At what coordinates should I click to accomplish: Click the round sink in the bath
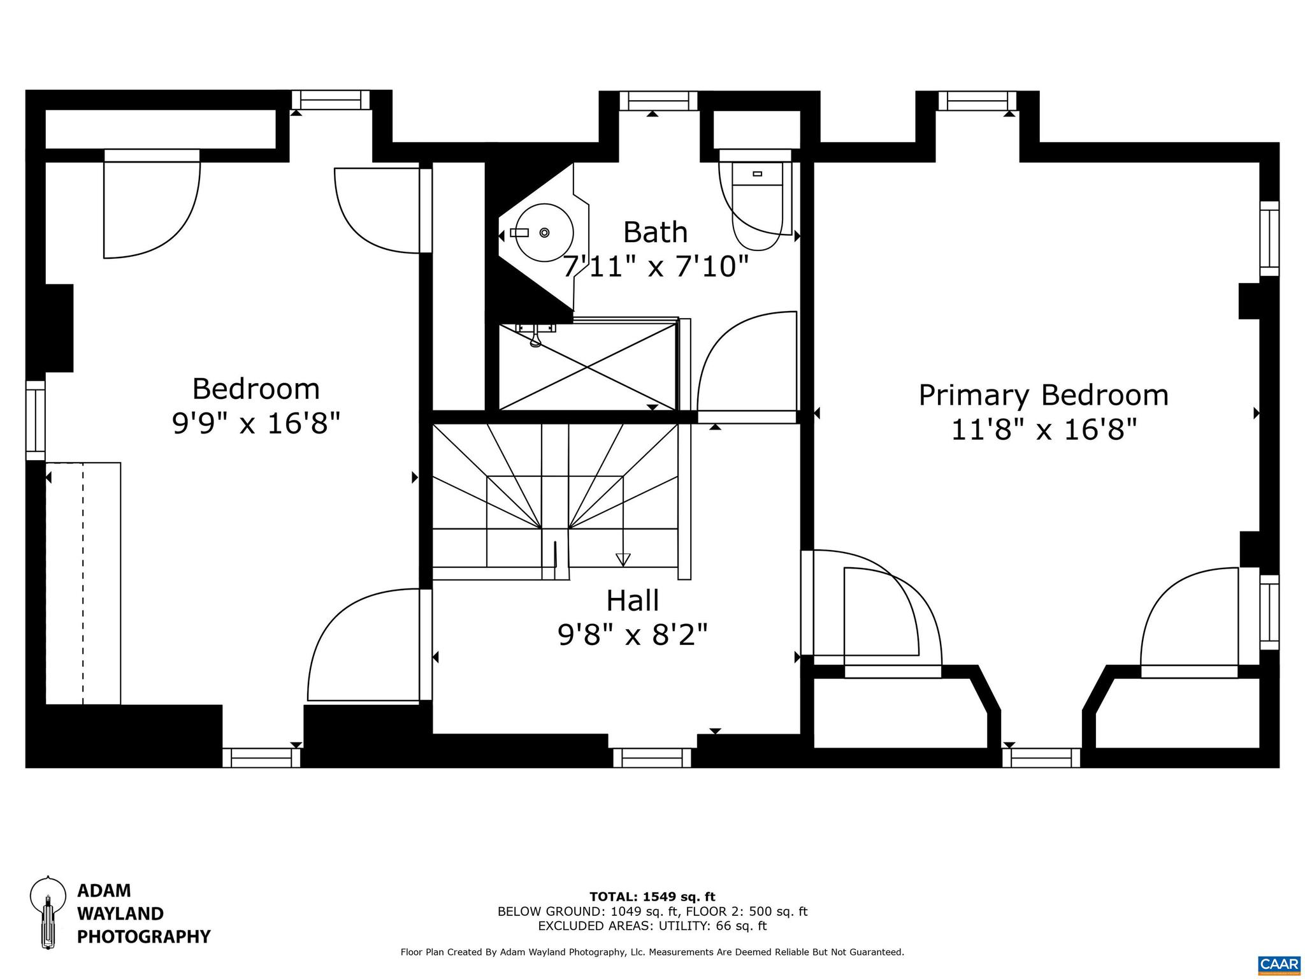point(543,233)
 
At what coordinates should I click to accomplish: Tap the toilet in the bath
point(757,204)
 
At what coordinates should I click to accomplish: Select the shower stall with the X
point(586,366)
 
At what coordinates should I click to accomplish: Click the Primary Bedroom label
point(1043,395)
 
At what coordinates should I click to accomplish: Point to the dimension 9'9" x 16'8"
point(256,423)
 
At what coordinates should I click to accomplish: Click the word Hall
point(632,600)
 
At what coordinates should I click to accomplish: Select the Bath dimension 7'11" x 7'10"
point(655,266)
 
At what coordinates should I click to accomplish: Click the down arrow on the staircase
point(623,558)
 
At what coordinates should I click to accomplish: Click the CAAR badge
point(1279,963)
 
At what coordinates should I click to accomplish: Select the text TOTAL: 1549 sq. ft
point(652,897)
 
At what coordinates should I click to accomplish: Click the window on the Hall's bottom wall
point(652,758)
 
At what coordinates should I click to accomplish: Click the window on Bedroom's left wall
point(36,421)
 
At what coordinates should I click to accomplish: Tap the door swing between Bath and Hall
point(747,363)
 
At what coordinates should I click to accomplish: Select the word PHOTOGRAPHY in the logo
point(143,937)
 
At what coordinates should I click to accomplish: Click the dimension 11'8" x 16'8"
point(1043,430)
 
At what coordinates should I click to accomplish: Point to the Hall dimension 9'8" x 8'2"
point(632,635)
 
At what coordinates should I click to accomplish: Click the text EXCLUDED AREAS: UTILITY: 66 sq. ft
point(652,926)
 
